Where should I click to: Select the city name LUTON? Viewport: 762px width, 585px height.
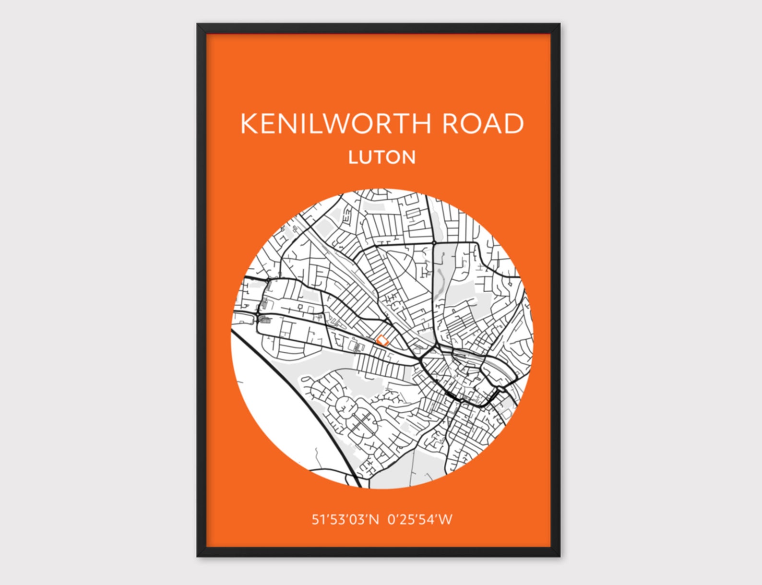tap(382, 157)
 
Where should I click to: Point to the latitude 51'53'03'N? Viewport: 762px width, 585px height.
tap(345, 519)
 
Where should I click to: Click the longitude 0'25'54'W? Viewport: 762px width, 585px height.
tap(420, 519)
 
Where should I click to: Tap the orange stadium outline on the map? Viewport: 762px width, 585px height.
tap(382, 341)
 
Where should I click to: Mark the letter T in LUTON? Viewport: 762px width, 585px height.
tap(380, 157)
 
